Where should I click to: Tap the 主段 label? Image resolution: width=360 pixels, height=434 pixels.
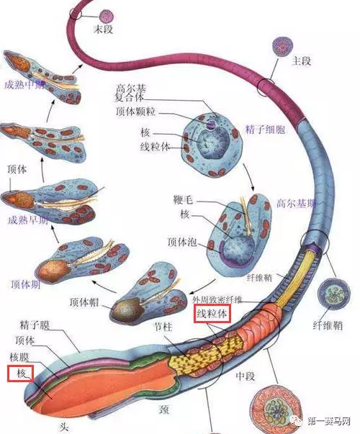300,61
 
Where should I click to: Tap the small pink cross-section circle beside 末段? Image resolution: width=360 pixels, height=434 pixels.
107,15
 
